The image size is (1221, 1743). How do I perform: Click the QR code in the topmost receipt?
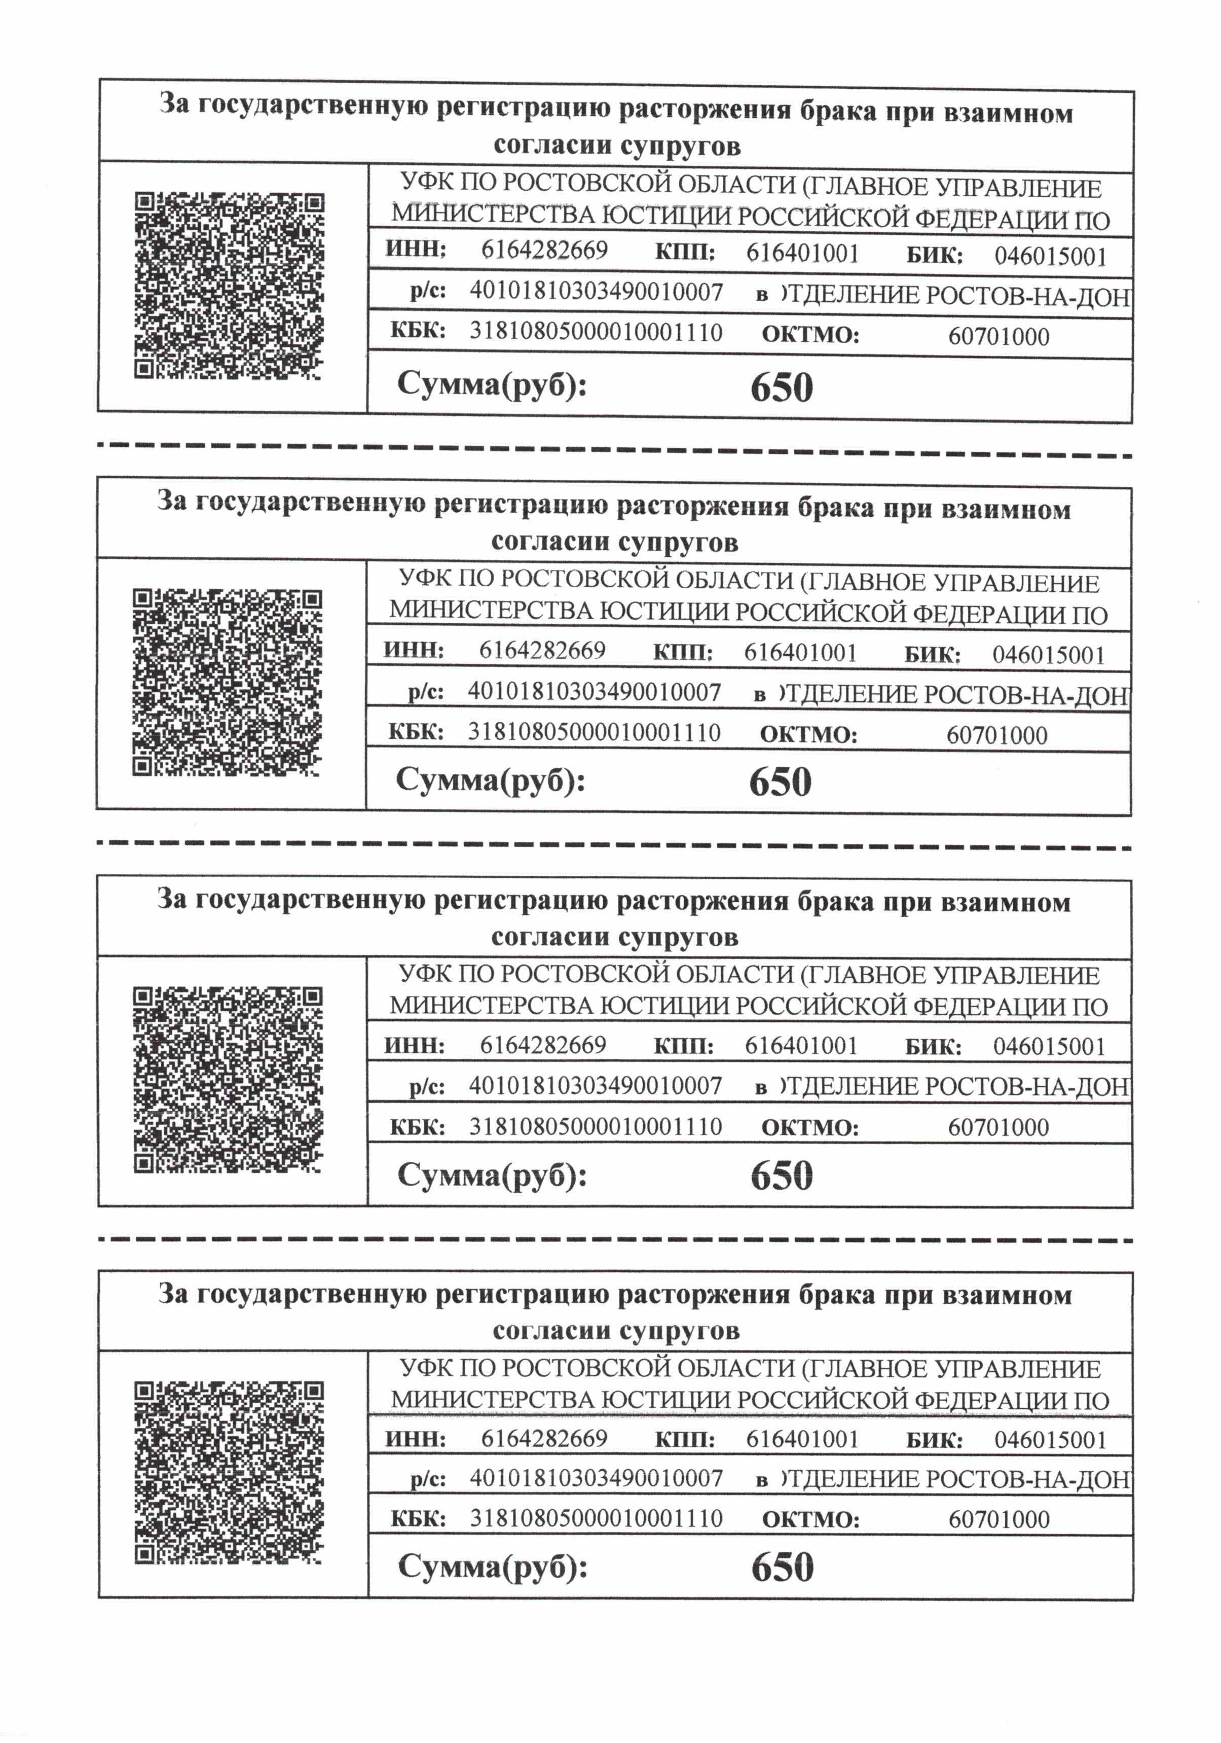(x=229, y=286)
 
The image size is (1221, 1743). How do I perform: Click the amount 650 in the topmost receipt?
(x=781, y=387)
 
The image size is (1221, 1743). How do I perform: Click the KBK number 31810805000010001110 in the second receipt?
(x=594, y=733)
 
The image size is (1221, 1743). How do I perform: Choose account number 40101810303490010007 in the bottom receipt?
(x=596, y=1478)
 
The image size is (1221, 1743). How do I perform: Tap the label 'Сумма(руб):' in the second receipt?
(x=490, y=780)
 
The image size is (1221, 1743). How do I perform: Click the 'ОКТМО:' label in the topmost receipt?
(x=810, y=335)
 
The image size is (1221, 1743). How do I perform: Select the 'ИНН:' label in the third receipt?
(x=414, y=1045)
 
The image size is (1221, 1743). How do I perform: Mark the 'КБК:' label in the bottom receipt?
(x=417, y=1518)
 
